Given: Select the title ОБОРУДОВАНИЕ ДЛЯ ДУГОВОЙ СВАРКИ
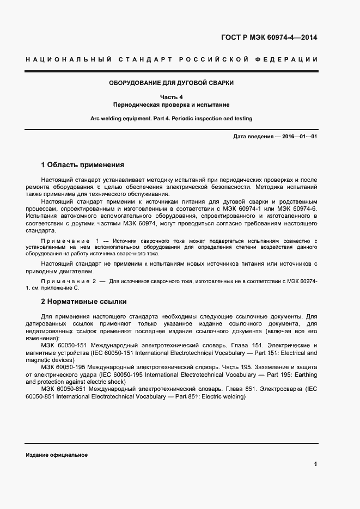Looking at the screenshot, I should (172, 83).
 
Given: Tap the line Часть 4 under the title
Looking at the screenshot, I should (171, 97).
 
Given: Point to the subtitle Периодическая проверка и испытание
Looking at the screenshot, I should (171, 105).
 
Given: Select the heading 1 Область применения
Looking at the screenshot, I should (83, 164).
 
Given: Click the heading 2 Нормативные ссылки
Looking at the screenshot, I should (84, 301).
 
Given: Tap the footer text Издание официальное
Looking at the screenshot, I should (57, 455).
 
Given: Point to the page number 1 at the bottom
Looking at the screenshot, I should (315, 464).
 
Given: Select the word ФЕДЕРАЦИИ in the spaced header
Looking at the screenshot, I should (289, 59).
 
